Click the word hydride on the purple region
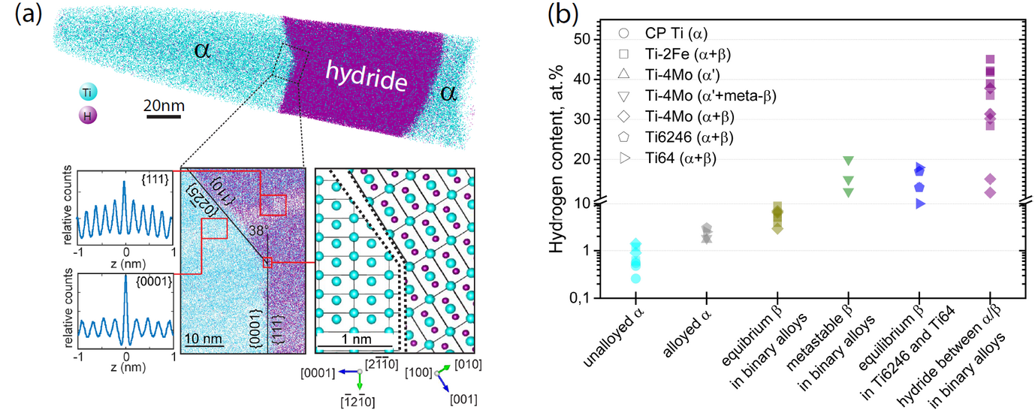(x=366, y=77)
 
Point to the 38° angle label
(x=258, y=232)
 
